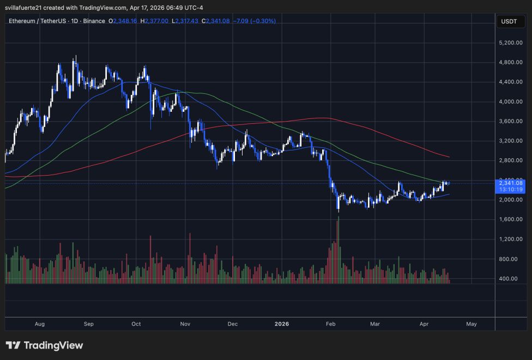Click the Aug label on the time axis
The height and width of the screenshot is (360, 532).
coord(39,324)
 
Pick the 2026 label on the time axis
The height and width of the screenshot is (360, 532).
coord(282,324)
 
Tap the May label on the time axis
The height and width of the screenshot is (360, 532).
coord(471,324)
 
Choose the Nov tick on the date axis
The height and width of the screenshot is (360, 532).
coord(185,324)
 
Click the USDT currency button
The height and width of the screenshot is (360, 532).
coord(510,21)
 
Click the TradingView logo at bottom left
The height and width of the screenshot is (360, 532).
coord(44,345)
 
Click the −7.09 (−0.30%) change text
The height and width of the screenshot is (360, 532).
coord(254,21)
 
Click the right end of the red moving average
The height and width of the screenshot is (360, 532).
coord(449,157)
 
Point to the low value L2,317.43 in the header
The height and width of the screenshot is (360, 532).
coord(186,21)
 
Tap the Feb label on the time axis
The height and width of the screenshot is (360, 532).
coord(330,324)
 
